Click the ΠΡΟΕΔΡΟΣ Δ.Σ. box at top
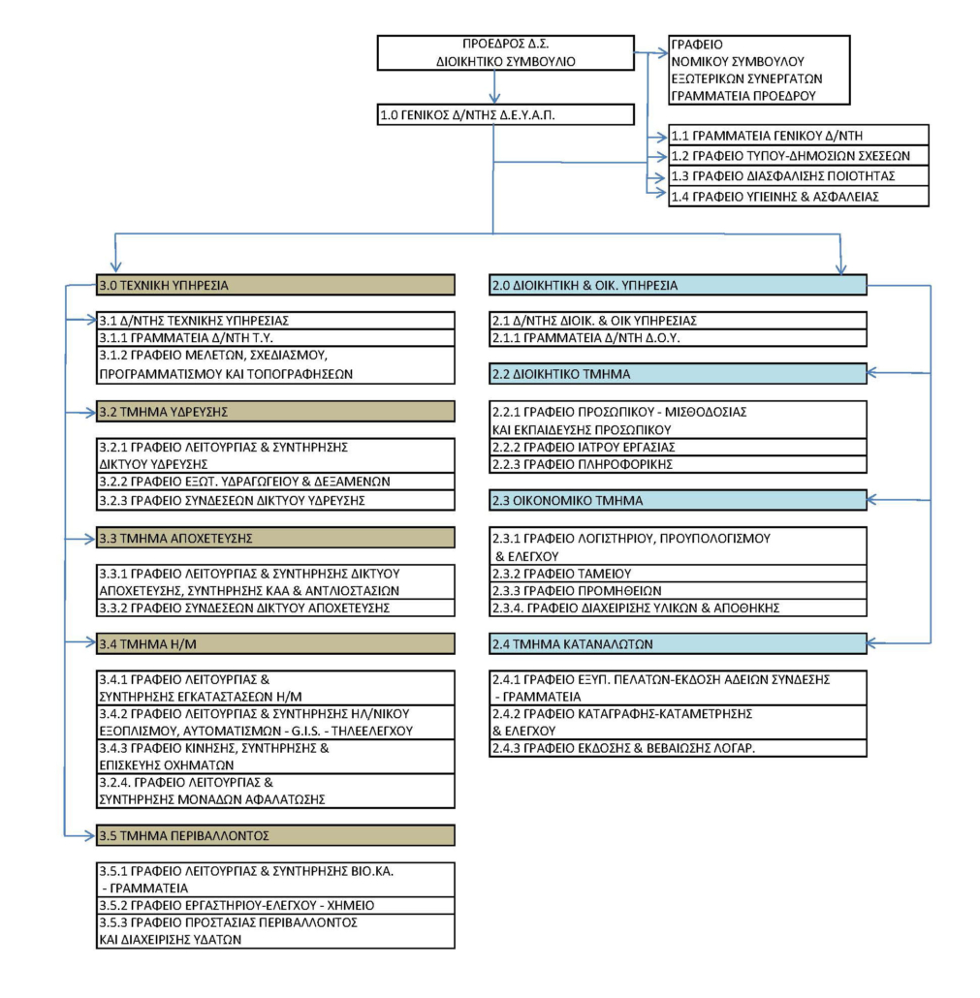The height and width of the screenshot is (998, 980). [506, 53]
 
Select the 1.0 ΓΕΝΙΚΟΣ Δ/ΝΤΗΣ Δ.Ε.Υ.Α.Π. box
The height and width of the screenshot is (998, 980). [506, 114]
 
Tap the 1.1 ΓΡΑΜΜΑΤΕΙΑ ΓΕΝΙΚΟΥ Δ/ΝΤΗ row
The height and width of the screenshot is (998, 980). [799, 135]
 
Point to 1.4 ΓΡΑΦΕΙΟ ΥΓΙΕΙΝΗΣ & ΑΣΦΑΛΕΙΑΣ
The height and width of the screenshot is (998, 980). [799, 197]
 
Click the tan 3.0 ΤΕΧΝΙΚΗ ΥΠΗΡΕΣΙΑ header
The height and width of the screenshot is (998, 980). [275, 285]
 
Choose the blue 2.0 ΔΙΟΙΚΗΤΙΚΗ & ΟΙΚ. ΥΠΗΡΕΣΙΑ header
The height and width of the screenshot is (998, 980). [679, 285]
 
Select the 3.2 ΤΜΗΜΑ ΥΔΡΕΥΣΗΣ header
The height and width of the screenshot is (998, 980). [275, 412]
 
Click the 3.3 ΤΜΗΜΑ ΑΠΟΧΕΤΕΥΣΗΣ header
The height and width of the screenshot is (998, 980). [275, 538]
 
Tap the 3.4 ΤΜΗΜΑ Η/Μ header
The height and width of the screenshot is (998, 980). [275, 644]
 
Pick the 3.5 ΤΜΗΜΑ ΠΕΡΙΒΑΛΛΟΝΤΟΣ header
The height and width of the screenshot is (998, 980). [275, 835]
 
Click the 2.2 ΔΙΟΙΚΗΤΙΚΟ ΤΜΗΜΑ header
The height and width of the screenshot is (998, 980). [679, 374]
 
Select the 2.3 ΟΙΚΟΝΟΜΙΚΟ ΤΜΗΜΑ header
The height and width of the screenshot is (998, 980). [679, 500]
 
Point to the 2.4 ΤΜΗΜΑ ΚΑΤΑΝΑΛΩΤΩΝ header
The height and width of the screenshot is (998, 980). [679, 644]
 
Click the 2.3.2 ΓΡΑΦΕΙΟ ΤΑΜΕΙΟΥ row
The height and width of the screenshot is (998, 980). [679, 574]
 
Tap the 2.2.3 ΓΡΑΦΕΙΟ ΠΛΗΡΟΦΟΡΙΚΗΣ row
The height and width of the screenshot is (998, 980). [679, 465]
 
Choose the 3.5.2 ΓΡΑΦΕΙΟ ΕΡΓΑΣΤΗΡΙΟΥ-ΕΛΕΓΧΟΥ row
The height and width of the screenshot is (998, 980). [275, 905]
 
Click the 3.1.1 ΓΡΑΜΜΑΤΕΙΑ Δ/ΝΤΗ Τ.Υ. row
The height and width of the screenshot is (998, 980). [275, 338]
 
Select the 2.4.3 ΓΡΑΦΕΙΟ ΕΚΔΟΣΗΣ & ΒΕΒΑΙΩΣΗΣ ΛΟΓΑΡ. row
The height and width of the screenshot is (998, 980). [679, 748]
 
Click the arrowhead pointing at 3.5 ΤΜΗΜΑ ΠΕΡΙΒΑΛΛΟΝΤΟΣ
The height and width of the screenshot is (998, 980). [90, 835]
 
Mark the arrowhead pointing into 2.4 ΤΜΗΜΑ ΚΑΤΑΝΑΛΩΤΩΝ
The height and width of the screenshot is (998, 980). [873, 643]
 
